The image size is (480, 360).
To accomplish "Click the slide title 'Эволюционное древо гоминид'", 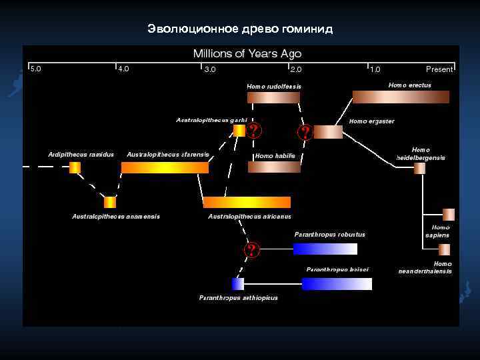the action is pos(240,29).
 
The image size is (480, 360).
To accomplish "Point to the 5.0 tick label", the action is pos(35,68).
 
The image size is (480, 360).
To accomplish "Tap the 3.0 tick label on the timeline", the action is pos(210,69).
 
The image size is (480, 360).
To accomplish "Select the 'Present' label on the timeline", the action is pos(439,69).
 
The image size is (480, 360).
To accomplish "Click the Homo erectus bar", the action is pos(401,97).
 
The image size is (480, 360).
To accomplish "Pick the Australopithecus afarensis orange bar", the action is pos(165,167).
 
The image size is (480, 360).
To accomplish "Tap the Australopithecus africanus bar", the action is pos(247,202).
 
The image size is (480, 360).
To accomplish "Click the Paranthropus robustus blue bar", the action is pos(325,249).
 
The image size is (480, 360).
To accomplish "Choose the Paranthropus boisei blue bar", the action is pos(337,284).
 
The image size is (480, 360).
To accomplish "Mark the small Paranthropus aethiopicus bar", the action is pos(238,284).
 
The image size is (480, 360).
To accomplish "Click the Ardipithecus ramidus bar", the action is pos(75,167).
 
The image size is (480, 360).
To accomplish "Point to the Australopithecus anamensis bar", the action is pos(110,202).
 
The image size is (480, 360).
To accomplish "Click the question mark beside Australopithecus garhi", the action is pos(253,131).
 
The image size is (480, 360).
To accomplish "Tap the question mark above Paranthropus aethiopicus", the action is pos(251,251).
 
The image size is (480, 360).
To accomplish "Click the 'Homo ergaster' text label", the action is pos(372,121).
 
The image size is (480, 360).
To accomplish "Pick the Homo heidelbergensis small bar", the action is pos(419,168).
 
